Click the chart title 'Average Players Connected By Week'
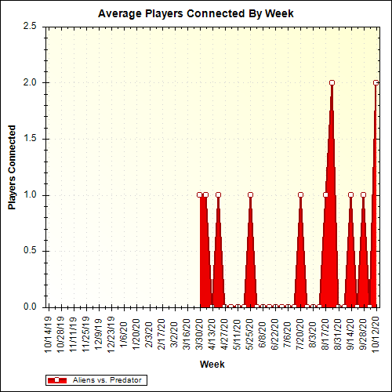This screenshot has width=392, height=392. pyautogui.click(x=196, y=13)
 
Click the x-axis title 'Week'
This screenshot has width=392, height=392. pyautogui.click(x=212, y=365)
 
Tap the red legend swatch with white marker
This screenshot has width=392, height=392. pyautogui.click(x=58, y=379)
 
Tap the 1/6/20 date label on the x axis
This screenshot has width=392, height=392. pyautogui.click(x=124, y=332)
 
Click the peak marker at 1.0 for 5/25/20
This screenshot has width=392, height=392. pyautogui.click(x=250, y=194)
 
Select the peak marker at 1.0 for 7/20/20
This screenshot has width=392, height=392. pyautogui.click(x=300, y=194)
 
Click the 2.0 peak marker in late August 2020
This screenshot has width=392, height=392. pyautogui.click(x=332, y=82)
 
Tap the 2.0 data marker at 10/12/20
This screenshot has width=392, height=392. pyautogui.click(x=376, y=82)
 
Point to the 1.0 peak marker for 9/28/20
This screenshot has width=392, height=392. pyautogui.click(x=363, y=194)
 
